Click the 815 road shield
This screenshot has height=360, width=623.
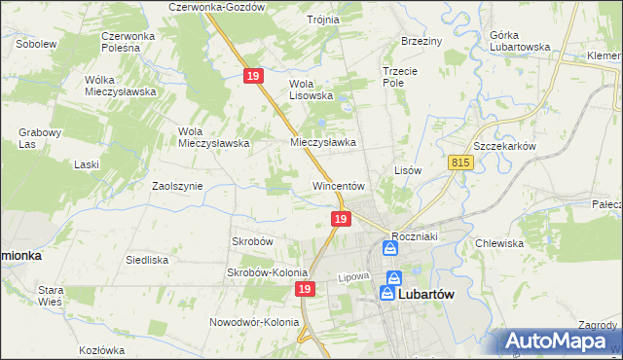pyautogui.click(x=461, y=164)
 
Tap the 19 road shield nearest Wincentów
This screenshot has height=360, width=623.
pyautogui.click(x=340, y=221)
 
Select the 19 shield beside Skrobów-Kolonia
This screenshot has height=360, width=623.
pyautogui.click(x=306, y=290)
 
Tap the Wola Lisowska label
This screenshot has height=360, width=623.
pyautogui.click(x=311, y=90)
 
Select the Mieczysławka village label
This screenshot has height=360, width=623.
pyautogui.click(x=323, y=141)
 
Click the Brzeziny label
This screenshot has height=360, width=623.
pyautogui.click(x=421, y=41)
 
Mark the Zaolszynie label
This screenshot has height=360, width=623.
pyautogui.click(x=177, y=185)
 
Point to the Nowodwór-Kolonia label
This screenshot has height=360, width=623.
pyautogui.click(x=253, y=321)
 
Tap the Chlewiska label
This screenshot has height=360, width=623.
pyautogui.click(x=499, y=243)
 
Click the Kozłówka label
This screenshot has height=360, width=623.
pyautogui.click(x=105, y=349)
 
